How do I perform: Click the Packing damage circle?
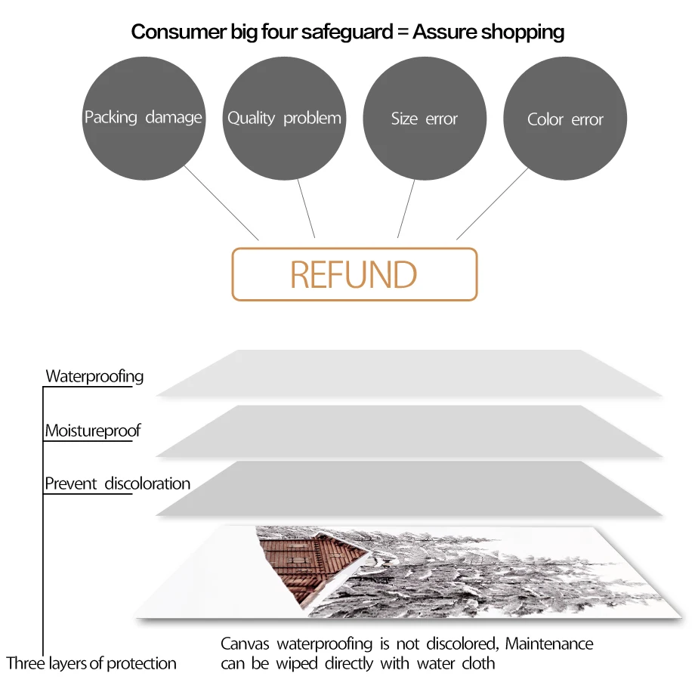coord(143,119)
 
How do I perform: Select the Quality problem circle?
coord(284,119)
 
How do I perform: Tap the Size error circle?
coord(425,119)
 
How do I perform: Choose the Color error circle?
coord(565,119)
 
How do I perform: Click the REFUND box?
coord(354,274)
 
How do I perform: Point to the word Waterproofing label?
coord(94,376)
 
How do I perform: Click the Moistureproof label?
coord(93,431)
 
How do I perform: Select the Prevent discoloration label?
coord(118,483)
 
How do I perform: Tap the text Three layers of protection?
coord(91,664)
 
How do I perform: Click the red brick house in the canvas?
coord(302,563)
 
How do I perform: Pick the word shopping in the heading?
coord(523,32)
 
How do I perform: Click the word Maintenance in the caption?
coord(549,644)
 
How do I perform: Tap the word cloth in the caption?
coord(478,664)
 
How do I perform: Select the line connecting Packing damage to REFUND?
coord(221,202)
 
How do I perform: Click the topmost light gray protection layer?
coord(408,373)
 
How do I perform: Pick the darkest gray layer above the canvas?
coord(408,489)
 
